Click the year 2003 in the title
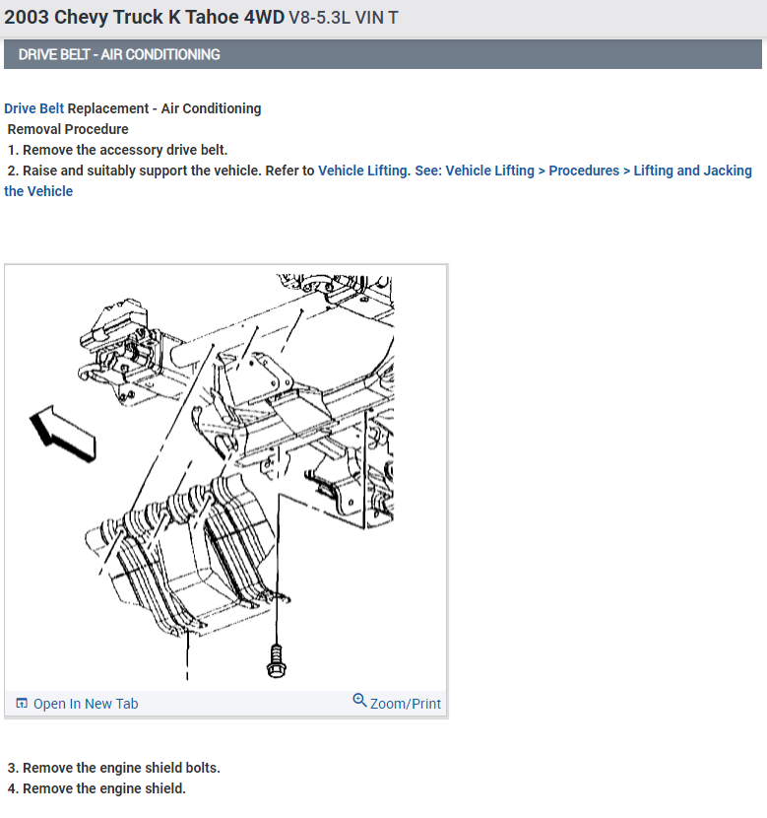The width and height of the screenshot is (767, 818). coord(26,18)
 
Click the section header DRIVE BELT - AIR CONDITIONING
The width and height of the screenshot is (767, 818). coord(119,54)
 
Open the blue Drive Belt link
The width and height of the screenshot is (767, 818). coord(33,108)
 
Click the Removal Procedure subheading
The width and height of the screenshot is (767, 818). coord(68,129)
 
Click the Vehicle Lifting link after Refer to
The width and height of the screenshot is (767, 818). coord(362,170)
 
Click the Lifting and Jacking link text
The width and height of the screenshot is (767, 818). coord(692,170)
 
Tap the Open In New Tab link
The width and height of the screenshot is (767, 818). coord(86,704)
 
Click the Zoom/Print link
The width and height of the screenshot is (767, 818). coord(406,704)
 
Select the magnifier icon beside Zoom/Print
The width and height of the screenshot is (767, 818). coord(359,701)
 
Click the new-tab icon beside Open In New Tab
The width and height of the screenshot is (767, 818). coord(22,704)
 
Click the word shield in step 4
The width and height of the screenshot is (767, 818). coord(162,788)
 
